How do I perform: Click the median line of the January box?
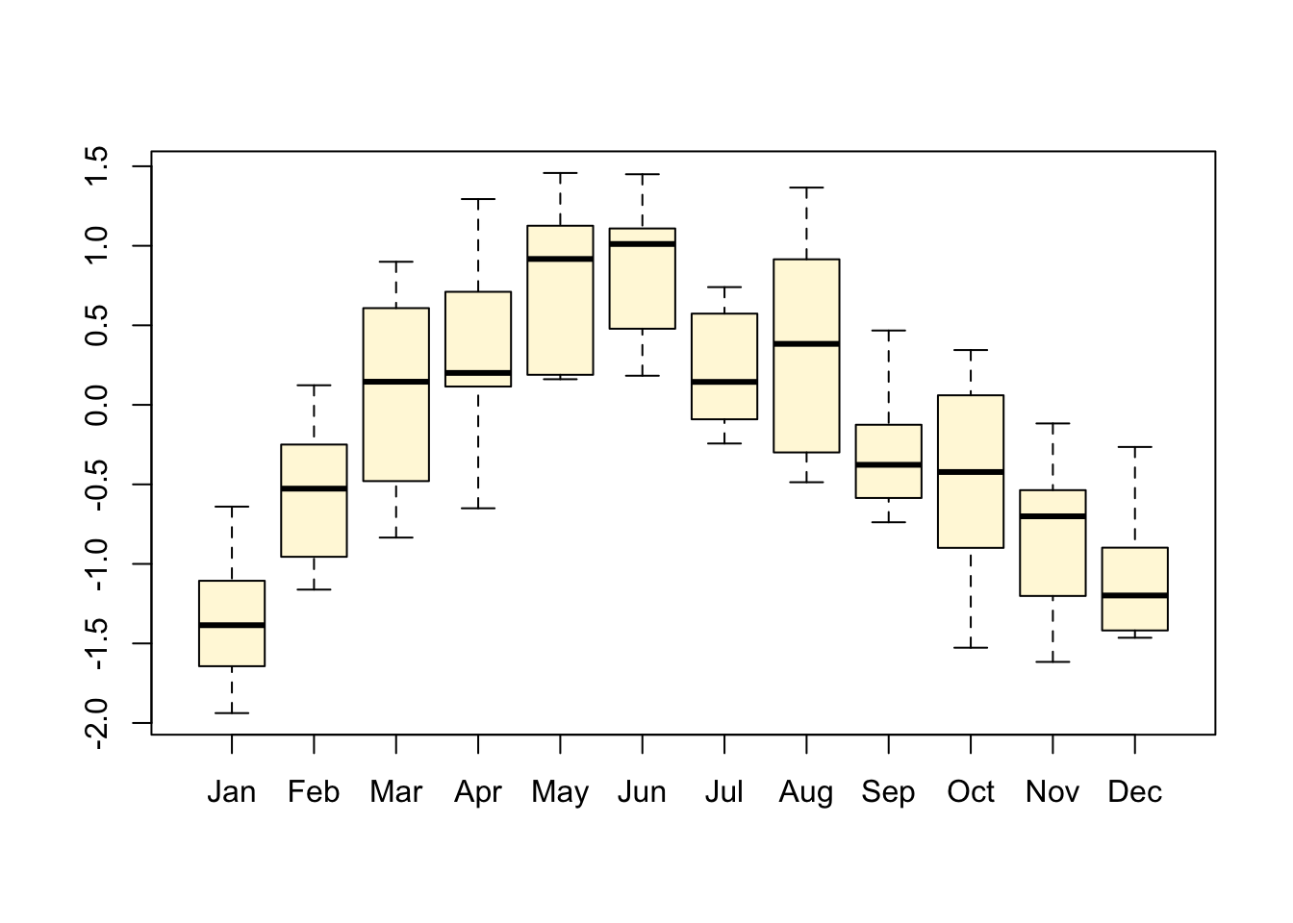232,625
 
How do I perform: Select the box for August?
806,356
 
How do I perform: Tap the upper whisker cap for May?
560,173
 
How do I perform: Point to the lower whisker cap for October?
971,648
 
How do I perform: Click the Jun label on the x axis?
642,792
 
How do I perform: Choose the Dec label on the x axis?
1135,792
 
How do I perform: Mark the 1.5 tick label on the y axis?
96,166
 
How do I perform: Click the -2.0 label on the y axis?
96,723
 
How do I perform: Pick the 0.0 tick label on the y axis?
96,405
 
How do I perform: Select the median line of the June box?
643,244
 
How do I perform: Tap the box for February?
314,500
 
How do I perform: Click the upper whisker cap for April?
478,199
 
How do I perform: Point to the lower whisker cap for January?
232,713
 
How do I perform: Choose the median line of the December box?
1135,595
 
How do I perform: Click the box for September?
889,461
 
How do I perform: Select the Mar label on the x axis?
396,792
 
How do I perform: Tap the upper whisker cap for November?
1052,423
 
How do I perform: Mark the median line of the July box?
724,382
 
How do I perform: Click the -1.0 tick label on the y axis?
96,564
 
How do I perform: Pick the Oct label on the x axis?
971,792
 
